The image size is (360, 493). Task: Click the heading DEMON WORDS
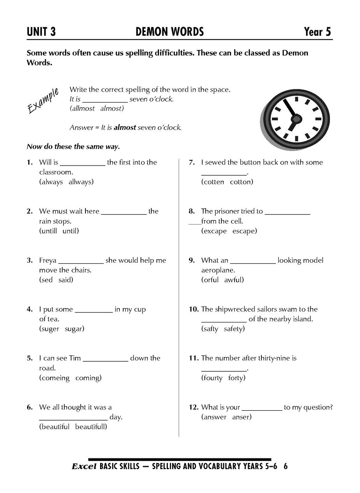[169, 32]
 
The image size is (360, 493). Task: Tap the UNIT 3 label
[41, 32]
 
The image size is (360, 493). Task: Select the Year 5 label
[317, 32]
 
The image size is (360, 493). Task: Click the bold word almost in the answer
[125, 127]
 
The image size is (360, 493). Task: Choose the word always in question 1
[51, 182]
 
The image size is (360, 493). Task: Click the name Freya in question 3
[47, 260]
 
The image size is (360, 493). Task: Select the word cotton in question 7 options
[241, 182]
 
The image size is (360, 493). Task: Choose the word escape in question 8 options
[244, 231]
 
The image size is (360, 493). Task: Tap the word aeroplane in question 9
[218, 270]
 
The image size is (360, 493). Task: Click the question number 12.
[194, 407]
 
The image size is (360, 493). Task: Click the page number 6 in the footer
[286, 466]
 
